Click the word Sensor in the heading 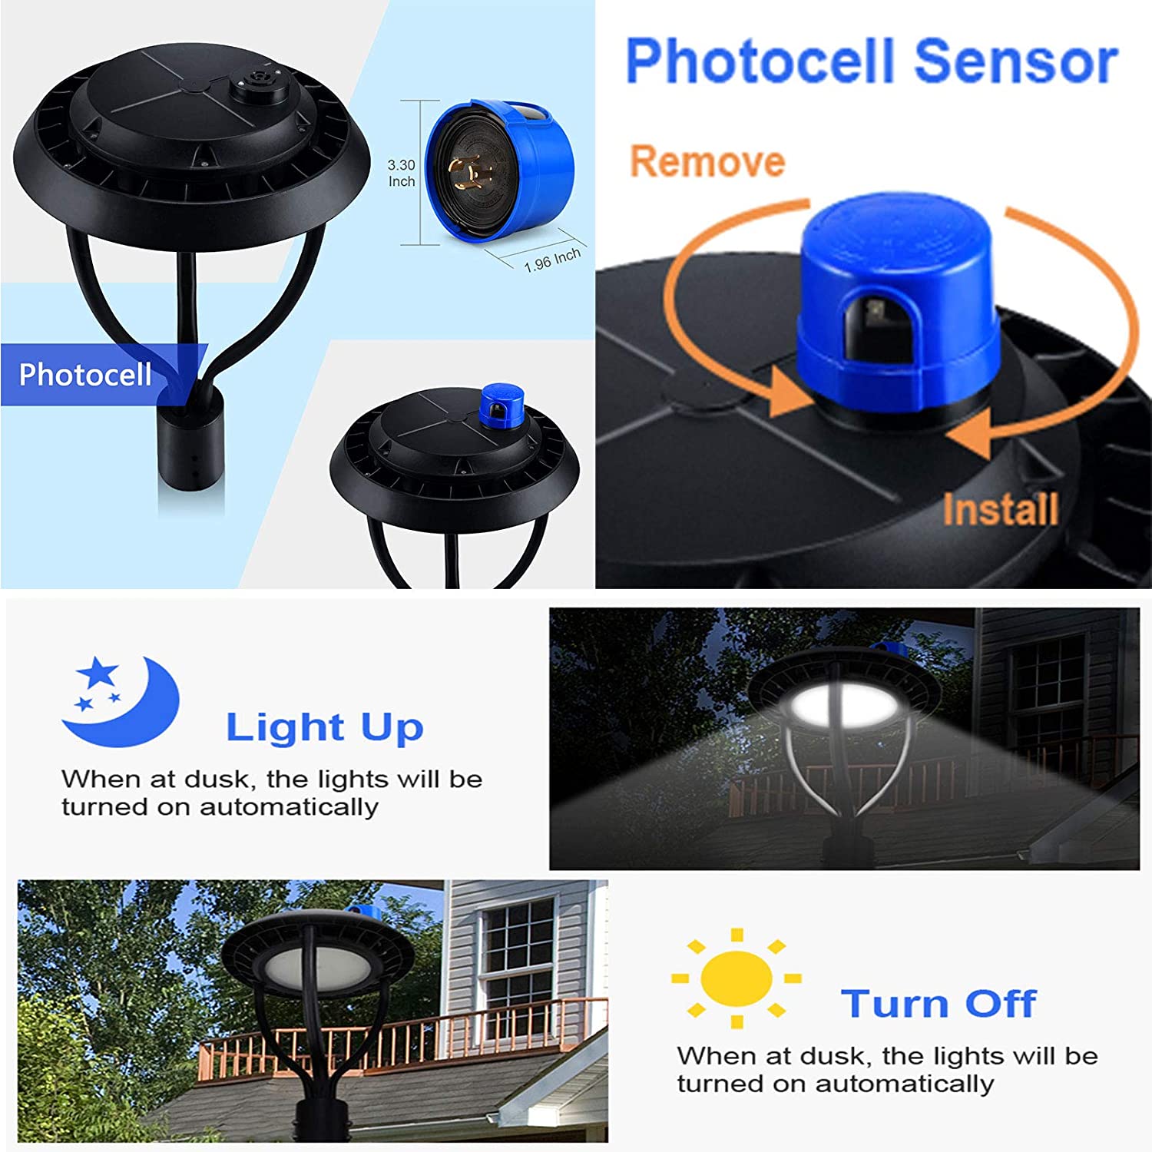tap(1016, 61)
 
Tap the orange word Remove tap(707, 161)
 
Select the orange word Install tap(1001, 509)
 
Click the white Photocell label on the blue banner tap(85, 375)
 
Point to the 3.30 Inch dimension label tap(401, 173)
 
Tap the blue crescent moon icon tap(121, 700)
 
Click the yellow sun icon tap(737, 978)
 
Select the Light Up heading tap(324, 727)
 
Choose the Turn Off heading tap(938, 1004)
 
